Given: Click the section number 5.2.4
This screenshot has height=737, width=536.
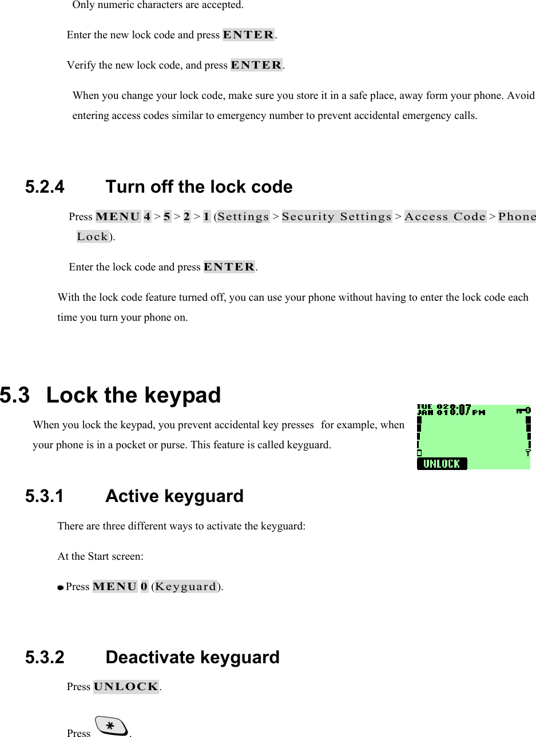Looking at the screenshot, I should click(45, 187).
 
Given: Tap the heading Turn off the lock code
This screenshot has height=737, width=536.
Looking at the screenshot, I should click(199, 187).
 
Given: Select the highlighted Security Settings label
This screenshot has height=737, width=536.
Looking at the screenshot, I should click(336, 217).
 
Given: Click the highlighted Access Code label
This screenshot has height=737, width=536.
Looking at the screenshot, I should click(445, 217).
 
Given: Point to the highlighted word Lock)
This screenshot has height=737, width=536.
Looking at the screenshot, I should click(93, 237).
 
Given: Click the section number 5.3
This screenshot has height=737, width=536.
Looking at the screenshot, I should click(15, 395).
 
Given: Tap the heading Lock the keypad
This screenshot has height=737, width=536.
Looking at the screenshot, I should click(133, 395).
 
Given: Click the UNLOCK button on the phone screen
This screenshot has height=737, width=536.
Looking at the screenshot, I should click(442, 464).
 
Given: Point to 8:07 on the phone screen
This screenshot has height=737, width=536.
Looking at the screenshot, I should click(460, 410).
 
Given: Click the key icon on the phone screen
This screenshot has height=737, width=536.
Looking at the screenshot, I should click(523, 410).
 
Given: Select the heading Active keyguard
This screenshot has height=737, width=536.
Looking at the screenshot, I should click(174, 496).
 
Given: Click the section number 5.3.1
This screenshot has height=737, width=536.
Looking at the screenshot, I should click(45, 496).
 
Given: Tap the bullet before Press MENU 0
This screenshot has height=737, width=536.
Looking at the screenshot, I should click(60, 587).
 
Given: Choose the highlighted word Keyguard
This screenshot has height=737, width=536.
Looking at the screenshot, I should click(186, 587).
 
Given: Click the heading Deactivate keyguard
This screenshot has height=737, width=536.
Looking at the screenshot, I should click(192, 657).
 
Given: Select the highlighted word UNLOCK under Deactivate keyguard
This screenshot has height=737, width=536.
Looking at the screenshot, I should click(126, 687).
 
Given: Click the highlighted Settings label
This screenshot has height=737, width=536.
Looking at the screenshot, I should click(243, 217).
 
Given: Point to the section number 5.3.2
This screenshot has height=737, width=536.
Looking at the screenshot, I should click(45, 657).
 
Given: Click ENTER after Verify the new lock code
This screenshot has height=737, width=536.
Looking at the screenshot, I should click(256, 65).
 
